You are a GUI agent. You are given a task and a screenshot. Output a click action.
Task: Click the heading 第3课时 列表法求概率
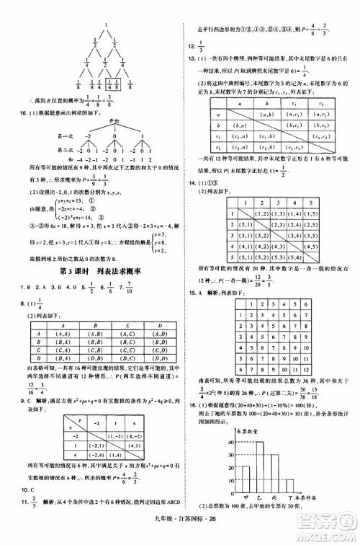(x=89, y=288)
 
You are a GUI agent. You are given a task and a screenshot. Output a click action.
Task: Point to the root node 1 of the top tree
(x=106, y=27)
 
